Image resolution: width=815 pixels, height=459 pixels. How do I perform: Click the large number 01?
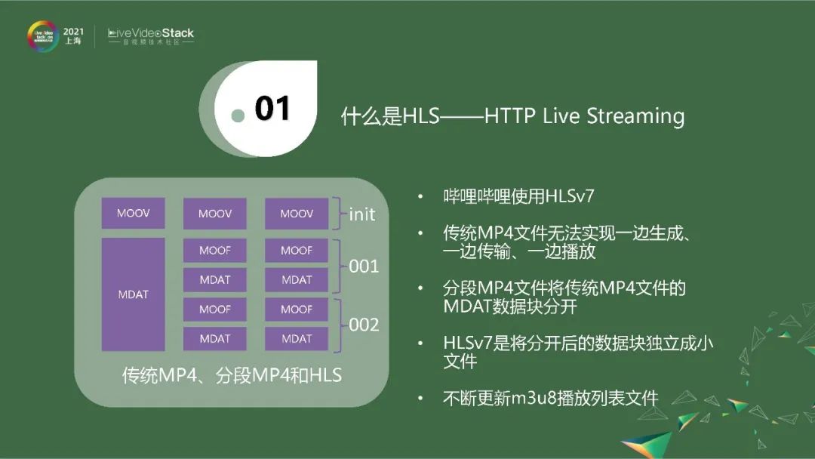click(x=272, y=109)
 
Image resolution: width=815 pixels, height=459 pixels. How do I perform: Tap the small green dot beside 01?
click(x=238, y=116)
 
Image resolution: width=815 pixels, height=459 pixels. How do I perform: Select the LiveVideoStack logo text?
click(x=151, y=33)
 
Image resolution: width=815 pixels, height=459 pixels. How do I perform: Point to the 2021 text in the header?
click(x=73, y=32)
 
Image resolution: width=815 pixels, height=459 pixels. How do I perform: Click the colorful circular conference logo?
click(x=43, y=36)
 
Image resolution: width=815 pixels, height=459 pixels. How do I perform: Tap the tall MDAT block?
click(x=133, y=294)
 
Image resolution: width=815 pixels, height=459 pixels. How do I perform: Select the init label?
click(x=362, y=214)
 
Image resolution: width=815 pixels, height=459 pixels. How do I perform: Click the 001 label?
click(x=364, y=266)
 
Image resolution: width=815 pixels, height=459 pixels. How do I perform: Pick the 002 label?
click(x=364, y=325)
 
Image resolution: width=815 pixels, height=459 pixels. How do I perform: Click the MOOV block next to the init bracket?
click(x=297, y=214)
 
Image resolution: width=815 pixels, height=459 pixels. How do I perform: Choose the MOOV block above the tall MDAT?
click(x=133, y=213)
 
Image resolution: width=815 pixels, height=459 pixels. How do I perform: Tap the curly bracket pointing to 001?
click(x=339, y=266)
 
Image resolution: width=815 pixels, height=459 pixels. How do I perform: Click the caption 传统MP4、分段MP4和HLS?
click(x=232, y=374)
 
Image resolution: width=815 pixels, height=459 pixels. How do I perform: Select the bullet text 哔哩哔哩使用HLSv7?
click(x=518, y=197)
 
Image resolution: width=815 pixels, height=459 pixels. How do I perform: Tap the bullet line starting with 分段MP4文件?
click(x=564, y=288)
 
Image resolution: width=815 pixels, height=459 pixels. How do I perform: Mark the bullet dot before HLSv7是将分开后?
click(x=420, y=343)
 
